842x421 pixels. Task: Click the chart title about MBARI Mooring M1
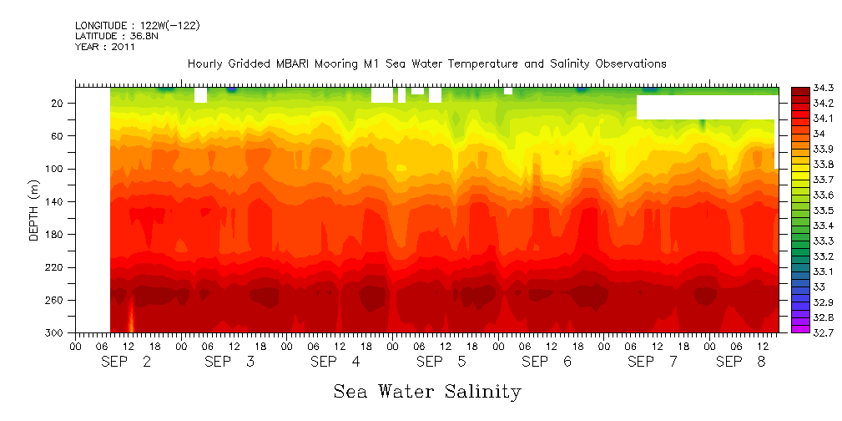tap(426, 63)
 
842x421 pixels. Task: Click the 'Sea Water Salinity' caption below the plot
tap(427, 391)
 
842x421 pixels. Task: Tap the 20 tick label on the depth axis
tap(58, 103)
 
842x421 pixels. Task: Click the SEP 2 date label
tap(125, 362)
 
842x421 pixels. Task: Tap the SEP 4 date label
tap(335, 362)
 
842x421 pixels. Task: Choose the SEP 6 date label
tap(547, 362)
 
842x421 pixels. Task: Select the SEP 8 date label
tap(734, 362)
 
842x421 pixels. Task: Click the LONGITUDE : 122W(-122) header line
tap(137, 26)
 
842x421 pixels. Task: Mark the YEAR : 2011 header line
tap(104, 47)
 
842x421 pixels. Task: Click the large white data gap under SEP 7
tap(706, 107)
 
